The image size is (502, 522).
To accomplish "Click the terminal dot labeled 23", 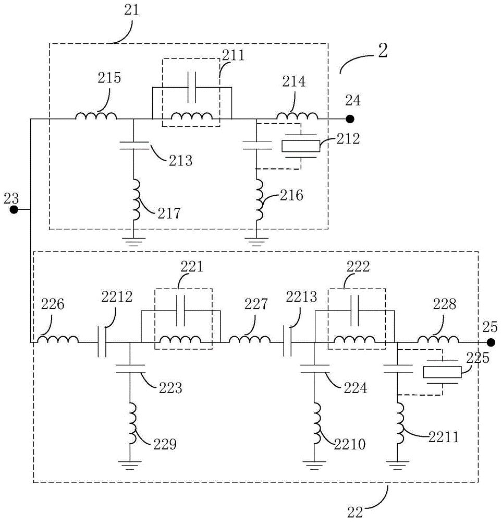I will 14,210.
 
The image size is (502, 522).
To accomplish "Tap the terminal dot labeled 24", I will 351,118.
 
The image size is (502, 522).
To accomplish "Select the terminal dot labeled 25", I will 491,342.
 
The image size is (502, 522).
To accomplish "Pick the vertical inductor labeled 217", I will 135,200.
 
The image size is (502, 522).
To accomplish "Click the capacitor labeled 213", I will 134,144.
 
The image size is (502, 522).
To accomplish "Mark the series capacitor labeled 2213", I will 287,342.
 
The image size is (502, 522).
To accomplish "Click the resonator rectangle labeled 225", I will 442,372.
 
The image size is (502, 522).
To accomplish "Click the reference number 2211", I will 443,436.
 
